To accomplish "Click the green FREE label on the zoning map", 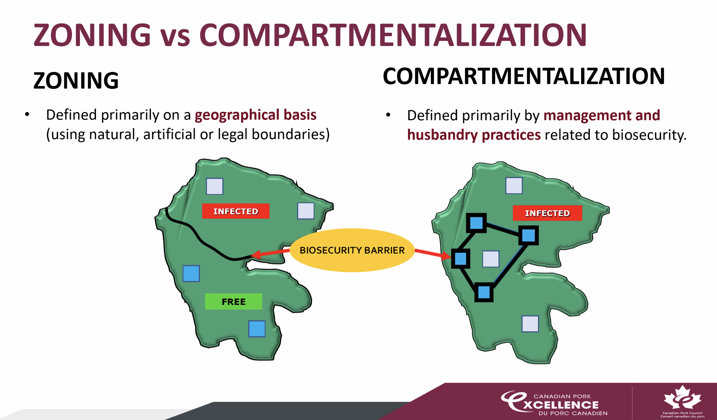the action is [233, 301].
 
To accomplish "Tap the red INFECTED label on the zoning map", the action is [236, 211].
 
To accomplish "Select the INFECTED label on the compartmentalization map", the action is [547, 213].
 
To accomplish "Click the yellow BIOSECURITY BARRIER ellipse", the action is [352, 250].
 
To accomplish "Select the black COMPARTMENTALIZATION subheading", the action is [523, 76].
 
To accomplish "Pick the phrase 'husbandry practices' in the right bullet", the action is [474, 135].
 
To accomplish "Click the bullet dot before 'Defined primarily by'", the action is [388, 115].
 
